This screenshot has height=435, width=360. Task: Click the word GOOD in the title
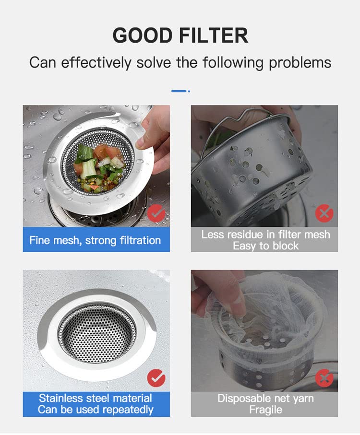click(143, 35)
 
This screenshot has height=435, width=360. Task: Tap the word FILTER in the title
click(214, 35)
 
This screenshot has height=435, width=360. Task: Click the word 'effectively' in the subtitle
click(96, 62)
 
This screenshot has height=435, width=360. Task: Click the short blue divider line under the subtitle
click(179, 91)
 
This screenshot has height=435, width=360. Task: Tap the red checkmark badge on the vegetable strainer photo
click(156, 213)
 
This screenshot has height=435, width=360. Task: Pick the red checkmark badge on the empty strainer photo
click(156, 378)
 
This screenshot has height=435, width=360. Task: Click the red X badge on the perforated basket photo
click(324, 213)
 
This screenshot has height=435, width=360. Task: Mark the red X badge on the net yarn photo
click(324, 378)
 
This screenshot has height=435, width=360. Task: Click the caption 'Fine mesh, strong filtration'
click(95, 240)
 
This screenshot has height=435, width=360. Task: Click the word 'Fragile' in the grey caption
click(265, 410)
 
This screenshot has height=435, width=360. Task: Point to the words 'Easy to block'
click(265, 246)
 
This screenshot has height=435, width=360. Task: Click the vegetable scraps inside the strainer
click(98, 168)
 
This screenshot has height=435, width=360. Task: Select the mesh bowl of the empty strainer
click(97, 333)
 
